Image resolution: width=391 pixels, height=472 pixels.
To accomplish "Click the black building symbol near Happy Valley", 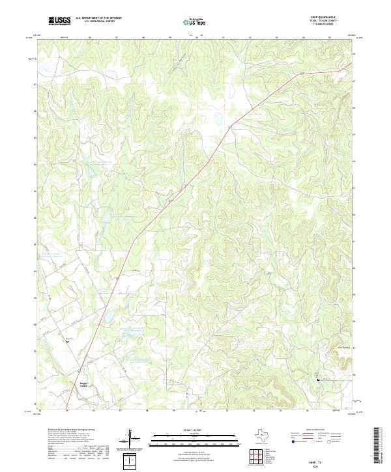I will pos(66,343).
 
